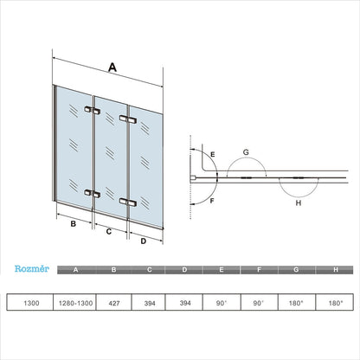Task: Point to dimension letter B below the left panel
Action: click(x=74, y=223)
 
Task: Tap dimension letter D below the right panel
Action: click(x=143, y=241)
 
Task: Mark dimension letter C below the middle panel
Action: click(x=109, y=232)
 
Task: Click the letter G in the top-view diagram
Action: click(x=246, y=151)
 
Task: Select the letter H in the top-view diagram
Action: click(x=299, y=203)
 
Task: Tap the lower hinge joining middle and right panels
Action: click(x=129, y=202)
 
